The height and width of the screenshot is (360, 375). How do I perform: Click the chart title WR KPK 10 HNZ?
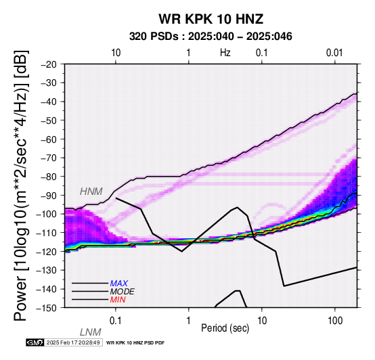coord(211,19)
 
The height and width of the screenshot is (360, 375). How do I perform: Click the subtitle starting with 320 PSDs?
coord(211,37)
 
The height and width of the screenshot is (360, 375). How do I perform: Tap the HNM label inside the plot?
coord(91,192)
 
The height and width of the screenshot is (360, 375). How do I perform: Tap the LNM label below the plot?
coord(91,332)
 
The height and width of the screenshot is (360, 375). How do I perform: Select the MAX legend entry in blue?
coord(119,284)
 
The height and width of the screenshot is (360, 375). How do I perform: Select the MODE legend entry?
coord(123,292)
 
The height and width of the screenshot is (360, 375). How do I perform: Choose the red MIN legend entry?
coord(118,300)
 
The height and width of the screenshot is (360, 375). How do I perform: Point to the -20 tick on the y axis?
coord(49,64)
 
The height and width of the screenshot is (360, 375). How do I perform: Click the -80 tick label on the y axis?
coord(49,177)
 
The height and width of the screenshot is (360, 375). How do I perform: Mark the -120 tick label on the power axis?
coord(47,251)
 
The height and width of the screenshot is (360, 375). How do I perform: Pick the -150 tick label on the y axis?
coord(47,307)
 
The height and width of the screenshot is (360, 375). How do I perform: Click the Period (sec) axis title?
coord(225,328)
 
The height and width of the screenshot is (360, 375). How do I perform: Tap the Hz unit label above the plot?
coord(225,53)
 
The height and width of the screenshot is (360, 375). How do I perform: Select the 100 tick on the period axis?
coord(335,321)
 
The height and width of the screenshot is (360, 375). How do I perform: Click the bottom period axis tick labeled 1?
coord(189,321)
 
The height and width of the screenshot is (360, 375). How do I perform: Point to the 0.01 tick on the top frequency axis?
coord(334,53)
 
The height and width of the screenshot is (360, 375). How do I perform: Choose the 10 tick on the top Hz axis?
coord(116,53)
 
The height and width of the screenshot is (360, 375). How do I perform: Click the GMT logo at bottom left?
coord(35,342)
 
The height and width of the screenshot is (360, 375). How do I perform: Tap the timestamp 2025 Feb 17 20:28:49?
coord(73,342)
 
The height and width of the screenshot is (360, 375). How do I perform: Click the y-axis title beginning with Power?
coord(22,185)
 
